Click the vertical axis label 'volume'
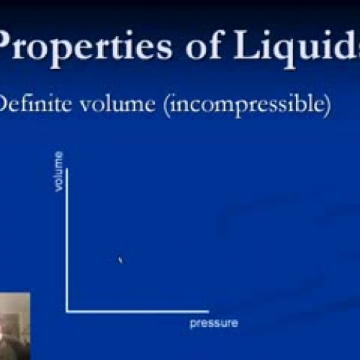click(58, 179)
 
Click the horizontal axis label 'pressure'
click(213, 323)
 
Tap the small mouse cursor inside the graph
click(120, 260)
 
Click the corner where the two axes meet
click(67, 312)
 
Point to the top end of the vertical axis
click(67, 167)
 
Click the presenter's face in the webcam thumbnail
click(12, 317)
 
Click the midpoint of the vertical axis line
click(67, 239)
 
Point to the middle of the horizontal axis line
click(137, 312)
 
